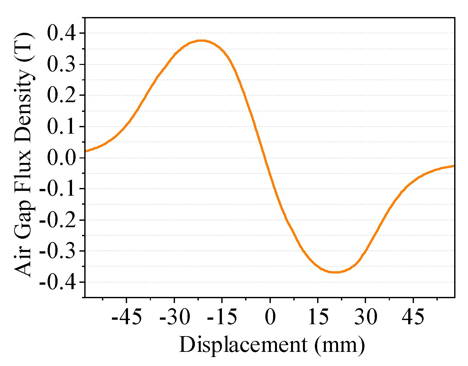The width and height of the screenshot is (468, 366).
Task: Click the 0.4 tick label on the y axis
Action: pos(62,33)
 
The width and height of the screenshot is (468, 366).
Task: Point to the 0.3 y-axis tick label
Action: pos(62,65)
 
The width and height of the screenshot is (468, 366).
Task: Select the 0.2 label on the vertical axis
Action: pos(62,95)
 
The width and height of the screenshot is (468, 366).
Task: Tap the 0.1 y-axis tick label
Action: pos(62,127)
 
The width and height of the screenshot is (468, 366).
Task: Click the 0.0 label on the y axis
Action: pos(62,158)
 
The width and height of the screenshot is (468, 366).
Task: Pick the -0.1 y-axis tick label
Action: pos(58,189)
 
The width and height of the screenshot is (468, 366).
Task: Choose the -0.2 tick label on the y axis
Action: pos(58,220)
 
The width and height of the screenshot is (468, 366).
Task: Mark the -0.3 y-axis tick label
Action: pos(58,251)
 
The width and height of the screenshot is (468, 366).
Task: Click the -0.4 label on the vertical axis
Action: pos(58,282)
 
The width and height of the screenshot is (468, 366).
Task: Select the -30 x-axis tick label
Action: pos(174,317)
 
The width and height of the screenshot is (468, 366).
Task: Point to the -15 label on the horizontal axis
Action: pos(222,317)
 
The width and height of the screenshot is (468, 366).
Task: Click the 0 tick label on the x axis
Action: pos(270,317)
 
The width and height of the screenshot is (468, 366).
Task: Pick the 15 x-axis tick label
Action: pos(318,317)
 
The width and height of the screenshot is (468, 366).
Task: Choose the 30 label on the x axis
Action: pos(365,317)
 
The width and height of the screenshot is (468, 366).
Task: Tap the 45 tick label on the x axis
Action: pos(413,317)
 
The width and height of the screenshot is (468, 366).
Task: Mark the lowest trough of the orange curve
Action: pos(335,272)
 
